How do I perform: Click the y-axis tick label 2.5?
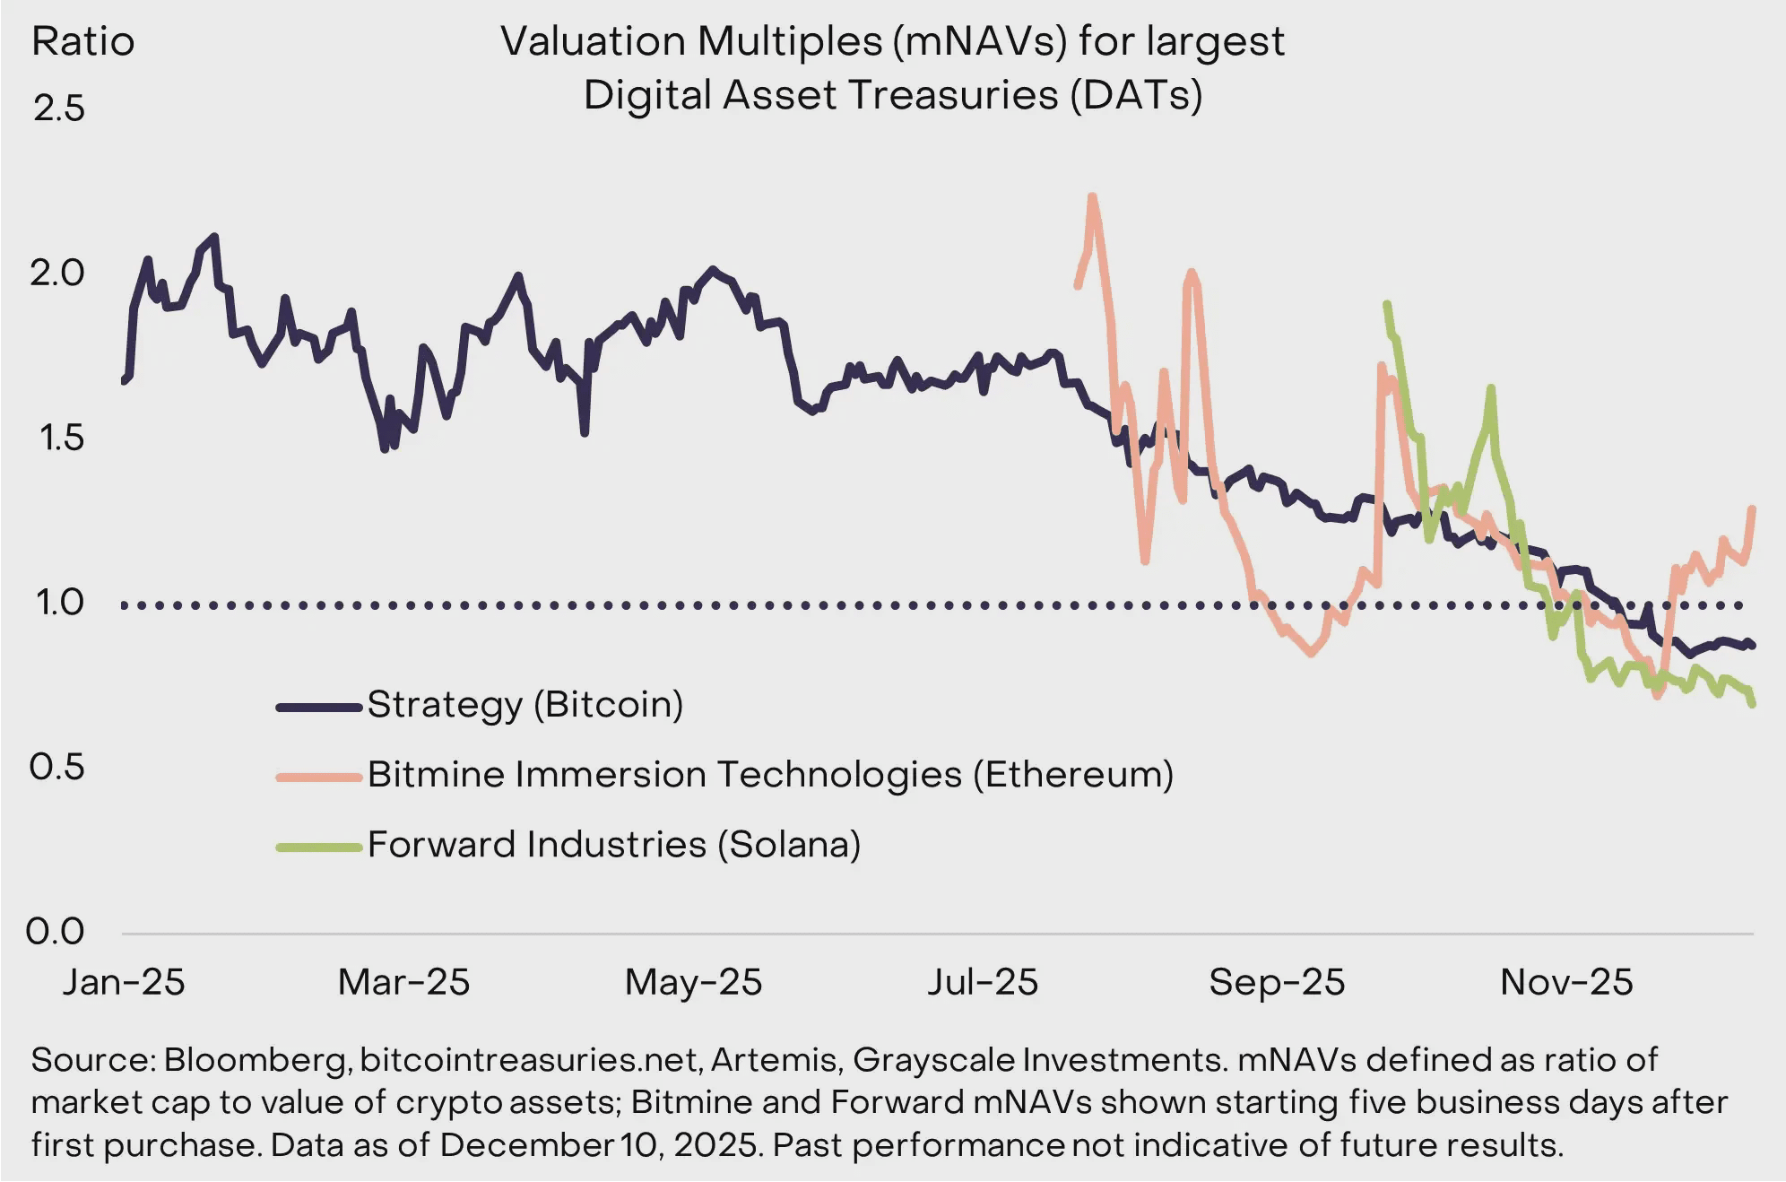pyautogui.click(x=59, y=109)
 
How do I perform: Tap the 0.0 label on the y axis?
pyautogui.click(x=56, y=932)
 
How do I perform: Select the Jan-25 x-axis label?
pyautogui.click(x=123, y=982)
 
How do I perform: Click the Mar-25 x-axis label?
pyautogui.click(x=403, y=982)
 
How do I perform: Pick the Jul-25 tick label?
pyautogui.click(x=983, y=982)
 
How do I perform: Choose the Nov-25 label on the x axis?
pyautogui.click(x=1566, y=982)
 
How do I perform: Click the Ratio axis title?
pyautogui.click(x=82, y=42)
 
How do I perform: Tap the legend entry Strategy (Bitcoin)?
pyautogui.click(x=525, y=705)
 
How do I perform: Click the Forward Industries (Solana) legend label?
pyautogui.click(x=614, y=845)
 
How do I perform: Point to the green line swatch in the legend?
pyautogui.click(x=319, y=847)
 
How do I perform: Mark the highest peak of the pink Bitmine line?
pyautogui.click(x=1092, y=196)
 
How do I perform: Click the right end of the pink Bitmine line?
pyautogui.click(x=1752, y=508)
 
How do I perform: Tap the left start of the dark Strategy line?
pyautogui.click(x=124, y=381)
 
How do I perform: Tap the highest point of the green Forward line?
pyautogui.click(x=1387, y=304)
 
